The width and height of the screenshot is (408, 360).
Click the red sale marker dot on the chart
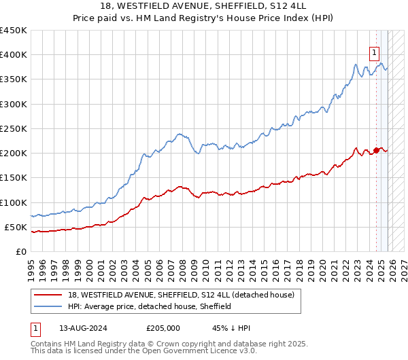pyautogui.click(x=376, y=151)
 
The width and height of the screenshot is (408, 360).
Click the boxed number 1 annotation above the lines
pyautogui.click(x=375, y=50)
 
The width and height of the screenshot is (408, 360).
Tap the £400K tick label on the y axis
pyautogui.click(x=14, y=55)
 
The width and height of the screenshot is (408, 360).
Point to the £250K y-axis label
pyautogui.click(x=14, y=128)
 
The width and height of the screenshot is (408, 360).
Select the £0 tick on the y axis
pyautogui.click(x=21, y=251)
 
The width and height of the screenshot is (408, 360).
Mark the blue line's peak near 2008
pyautogui.click(x=180, y=134)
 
